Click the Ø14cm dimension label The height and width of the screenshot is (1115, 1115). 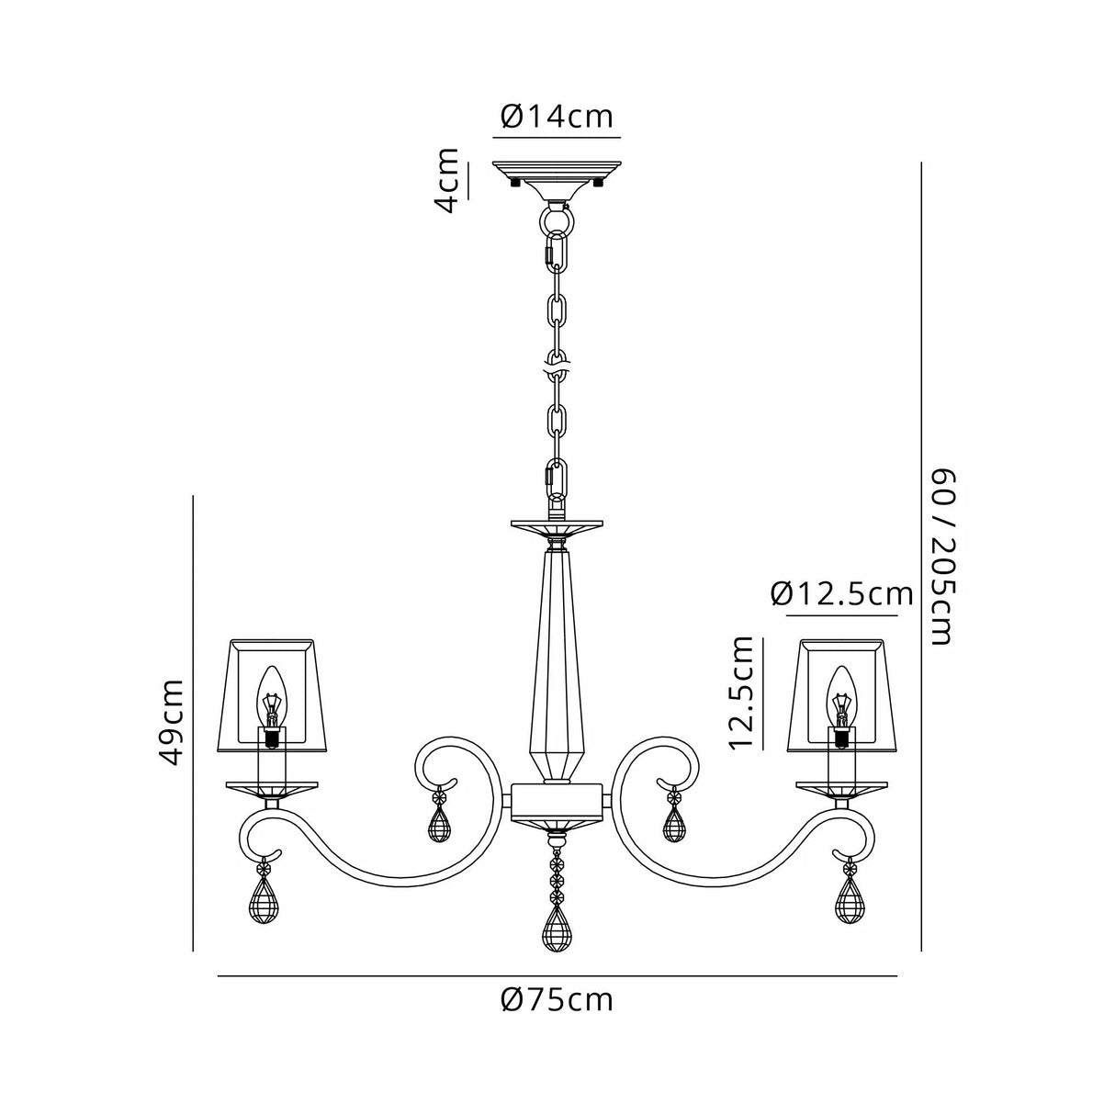[x=557, y=117]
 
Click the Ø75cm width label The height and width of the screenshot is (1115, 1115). [x=557, y=998]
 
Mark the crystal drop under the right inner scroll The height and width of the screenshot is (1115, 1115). [x=674, y=824]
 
